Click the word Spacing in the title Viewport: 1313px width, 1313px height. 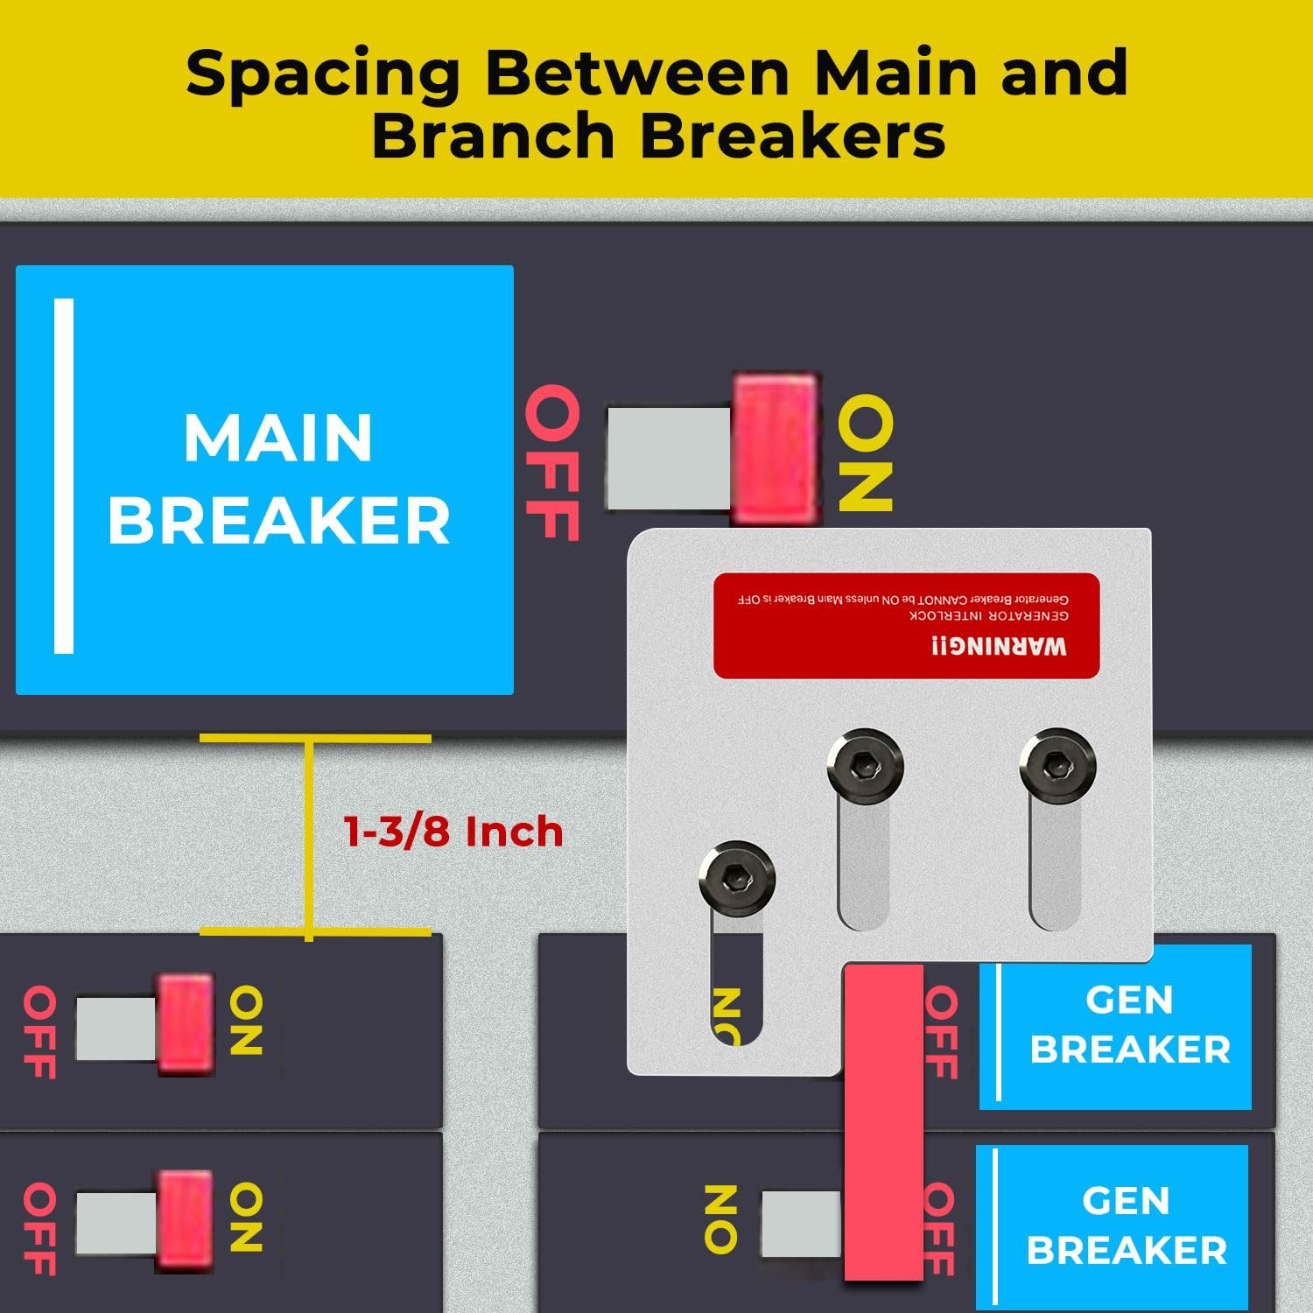(x=323, y=74)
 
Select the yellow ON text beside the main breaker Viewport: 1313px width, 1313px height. (x=865, y=453)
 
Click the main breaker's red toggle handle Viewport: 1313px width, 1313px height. (x=775, y=448)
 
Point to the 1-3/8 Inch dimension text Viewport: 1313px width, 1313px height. (x=453, y=832)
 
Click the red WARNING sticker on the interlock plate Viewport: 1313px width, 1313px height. (x=906, y=625)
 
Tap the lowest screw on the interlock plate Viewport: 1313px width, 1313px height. (x=737, y=878)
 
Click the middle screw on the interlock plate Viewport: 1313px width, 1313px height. (x=865, y=766)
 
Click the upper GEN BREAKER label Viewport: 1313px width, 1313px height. (x=1128, y=1025)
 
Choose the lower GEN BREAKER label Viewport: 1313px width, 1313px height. (x=1126, y=1225)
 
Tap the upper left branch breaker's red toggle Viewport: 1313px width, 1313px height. (x=186, y=1024)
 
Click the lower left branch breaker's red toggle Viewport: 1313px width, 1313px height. (x=186, y=1221)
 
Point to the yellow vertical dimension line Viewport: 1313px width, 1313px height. (x=309, y=836)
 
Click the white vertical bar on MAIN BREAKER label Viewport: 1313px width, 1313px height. (x=64, y=476)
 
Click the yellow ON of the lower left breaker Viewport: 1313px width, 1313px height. (x=246, y=1217)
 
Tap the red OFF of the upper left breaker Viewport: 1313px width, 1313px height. (x=40, y=1032)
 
